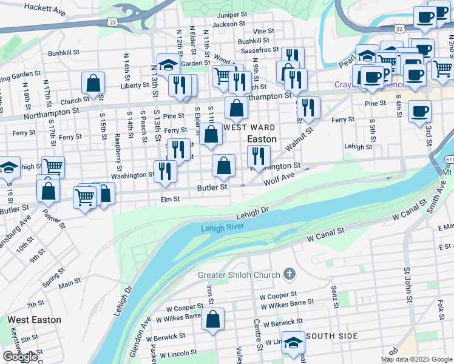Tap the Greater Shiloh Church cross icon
(x=290, y=275)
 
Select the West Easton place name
(x=34, y=319)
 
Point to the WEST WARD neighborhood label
(x=249, y=127)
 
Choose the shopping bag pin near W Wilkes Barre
(x=213, y=320)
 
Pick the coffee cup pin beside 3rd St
(x=419, y=112)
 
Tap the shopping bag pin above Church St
(x=93, y=83)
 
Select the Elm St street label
(x=170, y=199)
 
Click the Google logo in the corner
(x=20, y=357)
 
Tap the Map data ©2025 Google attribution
(x=416, y=359)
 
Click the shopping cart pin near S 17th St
(x=53, y=166)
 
